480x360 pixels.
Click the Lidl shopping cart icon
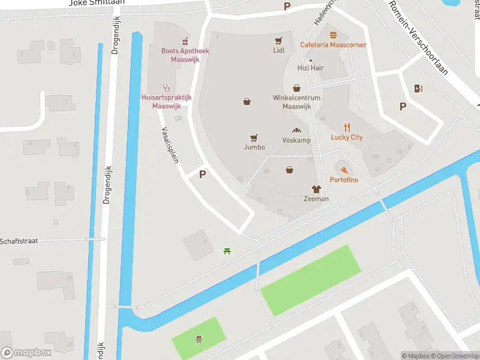click(x=278, y=41)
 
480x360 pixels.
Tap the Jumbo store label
click(x=254, y=147)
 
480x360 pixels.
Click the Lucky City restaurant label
click(x=347, y=137)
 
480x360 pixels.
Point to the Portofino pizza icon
click(x=343, y=170)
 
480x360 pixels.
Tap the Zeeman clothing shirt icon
click(x=316, y=188)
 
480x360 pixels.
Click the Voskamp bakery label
click(x=296, y=140)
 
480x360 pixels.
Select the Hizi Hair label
click(x=310, y=68)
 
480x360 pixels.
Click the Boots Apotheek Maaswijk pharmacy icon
click(x=185, y=40)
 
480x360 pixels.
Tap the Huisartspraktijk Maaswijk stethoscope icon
click(x=166, y=87)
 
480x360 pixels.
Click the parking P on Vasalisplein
click(x=202, y=175)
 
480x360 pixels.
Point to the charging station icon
click(x=418, y=89)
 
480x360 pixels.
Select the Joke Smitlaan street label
click(x=97, y=3)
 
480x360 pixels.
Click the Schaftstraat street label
click(x=19, y=241)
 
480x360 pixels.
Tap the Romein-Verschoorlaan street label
click(x=418, y=36)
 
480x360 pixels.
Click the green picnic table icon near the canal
click(x=227, y=251)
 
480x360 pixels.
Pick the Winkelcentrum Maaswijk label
click(x=296, y=102)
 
